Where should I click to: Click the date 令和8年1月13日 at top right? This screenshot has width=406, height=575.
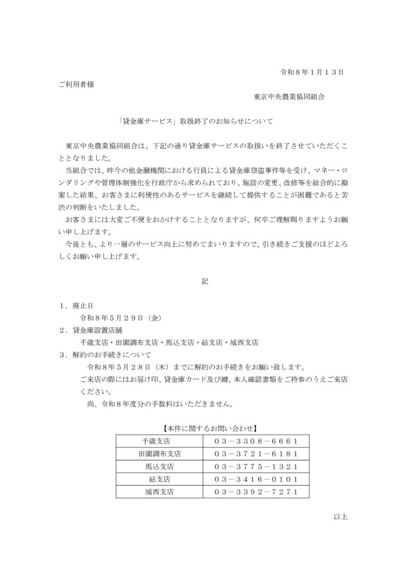311,72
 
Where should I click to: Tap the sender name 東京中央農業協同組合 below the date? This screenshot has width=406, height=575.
288,97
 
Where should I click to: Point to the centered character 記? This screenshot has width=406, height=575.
205,281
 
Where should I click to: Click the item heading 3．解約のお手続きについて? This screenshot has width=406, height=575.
105,354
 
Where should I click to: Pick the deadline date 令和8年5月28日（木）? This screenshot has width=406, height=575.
130,367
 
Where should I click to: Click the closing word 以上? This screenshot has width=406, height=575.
340,517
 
